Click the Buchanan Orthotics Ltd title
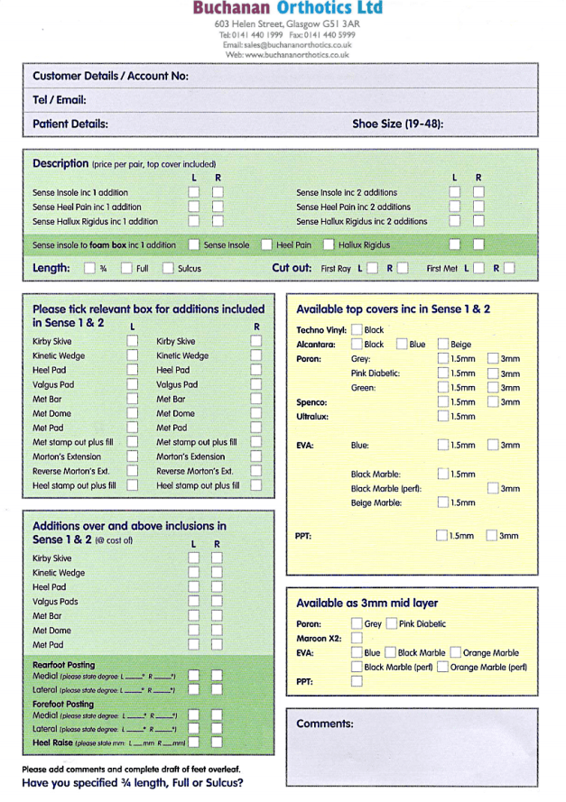287,8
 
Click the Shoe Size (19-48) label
397,124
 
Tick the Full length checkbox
127,268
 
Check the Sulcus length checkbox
169,268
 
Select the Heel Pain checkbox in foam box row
267,244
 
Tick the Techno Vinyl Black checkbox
357,330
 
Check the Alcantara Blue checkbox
402,344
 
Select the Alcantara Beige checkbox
442,344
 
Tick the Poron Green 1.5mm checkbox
442,387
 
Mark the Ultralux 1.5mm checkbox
442,416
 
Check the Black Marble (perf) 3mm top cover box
493,488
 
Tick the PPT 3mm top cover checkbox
493,535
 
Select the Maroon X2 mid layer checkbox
357,638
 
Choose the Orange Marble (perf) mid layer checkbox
442,667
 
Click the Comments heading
325,724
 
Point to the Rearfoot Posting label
63,664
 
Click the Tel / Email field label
60,100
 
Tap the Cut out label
292,268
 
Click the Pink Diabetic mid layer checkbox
391,623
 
